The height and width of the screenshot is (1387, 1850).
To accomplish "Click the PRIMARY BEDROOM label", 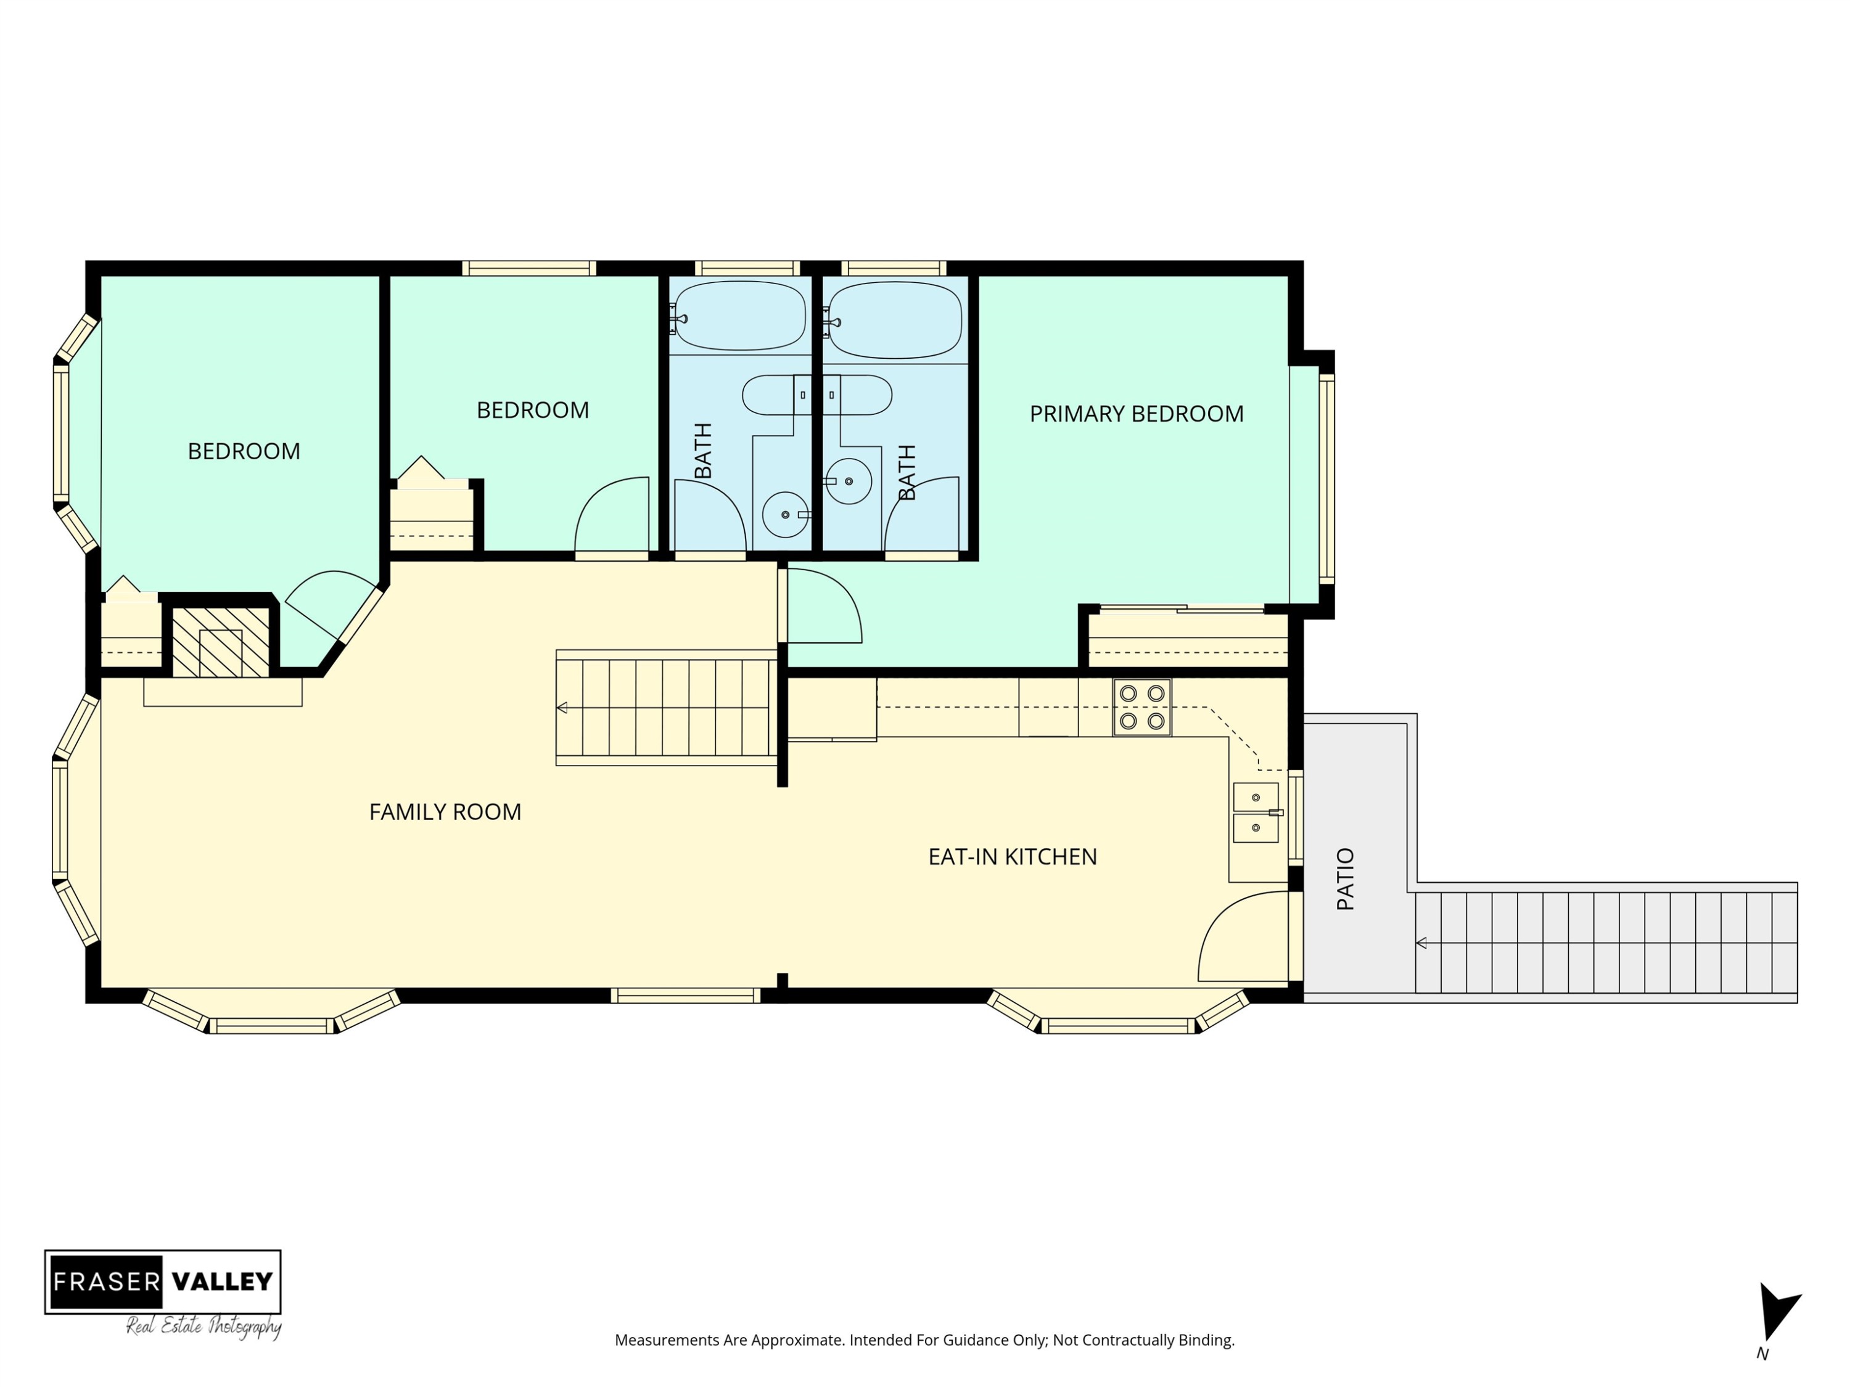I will tap(1136, 414).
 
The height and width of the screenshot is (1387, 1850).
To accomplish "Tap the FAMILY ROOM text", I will tap(445, 812).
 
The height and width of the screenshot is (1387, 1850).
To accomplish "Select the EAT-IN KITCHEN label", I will tap(1012, 857).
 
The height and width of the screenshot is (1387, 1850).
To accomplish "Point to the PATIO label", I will tap(1345, 878).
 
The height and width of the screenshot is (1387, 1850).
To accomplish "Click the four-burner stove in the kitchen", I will tap(1141, 707).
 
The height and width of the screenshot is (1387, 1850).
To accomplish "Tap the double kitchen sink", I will tap(1256, 812).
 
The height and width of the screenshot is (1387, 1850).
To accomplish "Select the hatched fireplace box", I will tap(221, 642).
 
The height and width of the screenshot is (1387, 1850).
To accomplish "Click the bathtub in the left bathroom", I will tap(739, 315).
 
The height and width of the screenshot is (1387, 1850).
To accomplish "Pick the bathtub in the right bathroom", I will tap(894, 319).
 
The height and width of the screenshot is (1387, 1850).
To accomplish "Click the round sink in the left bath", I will tap(784, 514).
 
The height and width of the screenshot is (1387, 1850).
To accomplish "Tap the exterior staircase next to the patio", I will tap(1606, 942).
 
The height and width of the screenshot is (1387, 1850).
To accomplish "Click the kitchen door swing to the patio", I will tap(1244, 936).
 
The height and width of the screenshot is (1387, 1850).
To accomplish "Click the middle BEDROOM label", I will tap(533, 411).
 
